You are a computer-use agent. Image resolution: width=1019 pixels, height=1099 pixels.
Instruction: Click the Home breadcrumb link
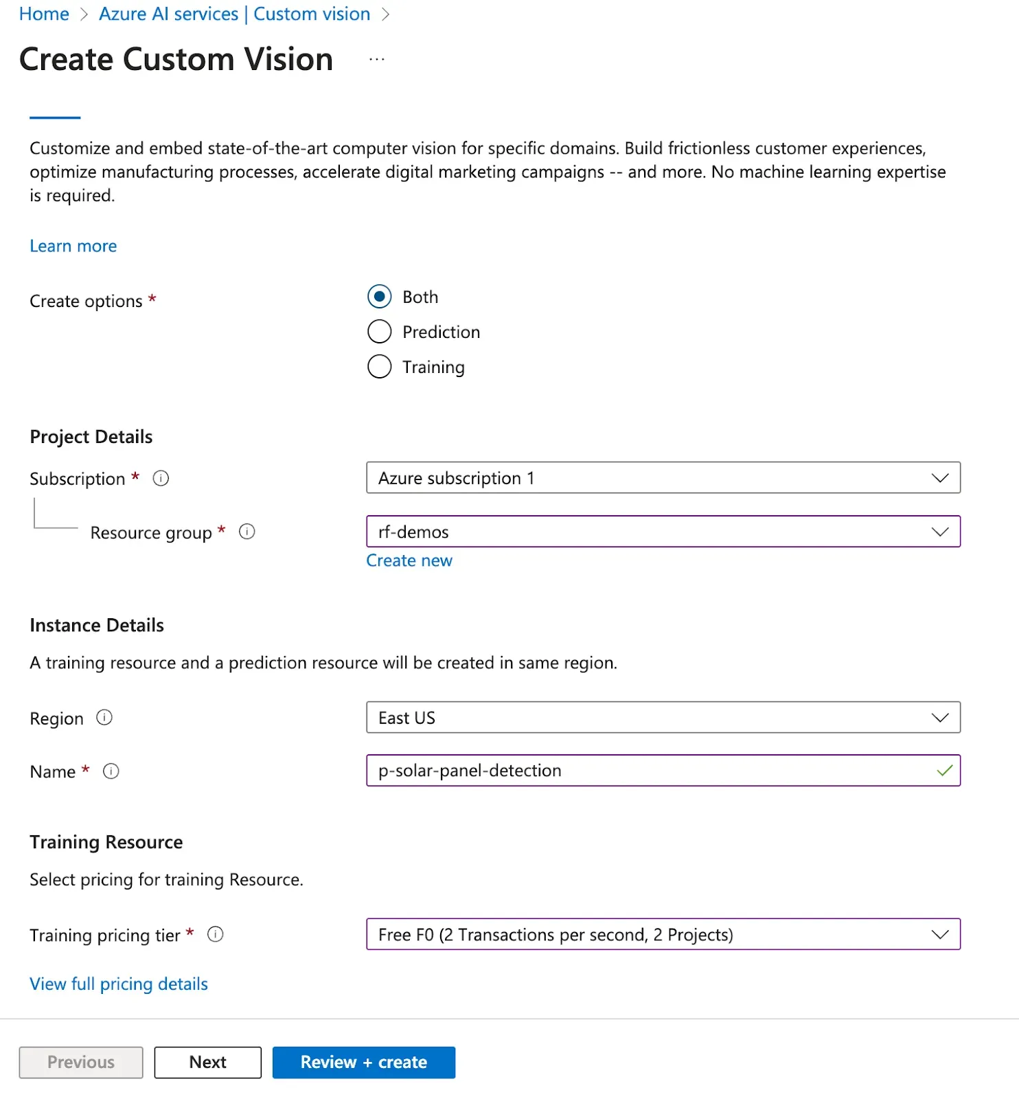(44, 14)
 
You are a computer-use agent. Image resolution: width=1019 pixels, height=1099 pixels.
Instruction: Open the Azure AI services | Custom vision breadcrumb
(234, 14)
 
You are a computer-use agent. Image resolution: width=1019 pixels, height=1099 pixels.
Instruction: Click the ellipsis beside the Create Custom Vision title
(377, 60)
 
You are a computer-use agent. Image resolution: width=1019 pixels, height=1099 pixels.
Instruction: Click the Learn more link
(73, 246)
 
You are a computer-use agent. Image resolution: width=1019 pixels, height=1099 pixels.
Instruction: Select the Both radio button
(380, 297)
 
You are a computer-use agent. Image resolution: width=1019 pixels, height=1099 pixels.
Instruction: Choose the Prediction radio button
(380, 332)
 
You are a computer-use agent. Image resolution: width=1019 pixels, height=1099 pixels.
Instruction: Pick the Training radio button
(380, 367)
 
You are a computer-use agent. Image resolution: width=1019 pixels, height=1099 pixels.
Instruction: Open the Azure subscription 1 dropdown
(663, 477)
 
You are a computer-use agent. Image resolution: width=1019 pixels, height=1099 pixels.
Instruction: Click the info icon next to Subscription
(161, 478)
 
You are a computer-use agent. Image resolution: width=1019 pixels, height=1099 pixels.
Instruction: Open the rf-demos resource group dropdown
(663, 532)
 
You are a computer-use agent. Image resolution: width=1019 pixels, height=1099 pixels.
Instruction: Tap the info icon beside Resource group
(247, 532)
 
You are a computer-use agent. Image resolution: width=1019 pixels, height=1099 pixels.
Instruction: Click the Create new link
(409, 560)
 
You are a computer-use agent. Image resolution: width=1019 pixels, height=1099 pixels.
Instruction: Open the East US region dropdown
(663, 717)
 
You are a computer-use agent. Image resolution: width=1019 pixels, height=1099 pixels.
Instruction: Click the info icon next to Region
(104, 718)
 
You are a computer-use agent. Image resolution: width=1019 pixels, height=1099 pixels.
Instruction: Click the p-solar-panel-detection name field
(645, 771)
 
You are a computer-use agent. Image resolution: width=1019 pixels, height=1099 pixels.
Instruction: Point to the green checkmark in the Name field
(944, 771)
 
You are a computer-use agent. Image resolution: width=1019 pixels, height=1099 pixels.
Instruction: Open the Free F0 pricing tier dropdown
(663, 934)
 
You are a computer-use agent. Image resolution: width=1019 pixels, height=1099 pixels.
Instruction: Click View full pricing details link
(119, 984)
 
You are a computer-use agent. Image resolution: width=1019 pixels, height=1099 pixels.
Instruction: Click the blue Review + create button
(363, 1062)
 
